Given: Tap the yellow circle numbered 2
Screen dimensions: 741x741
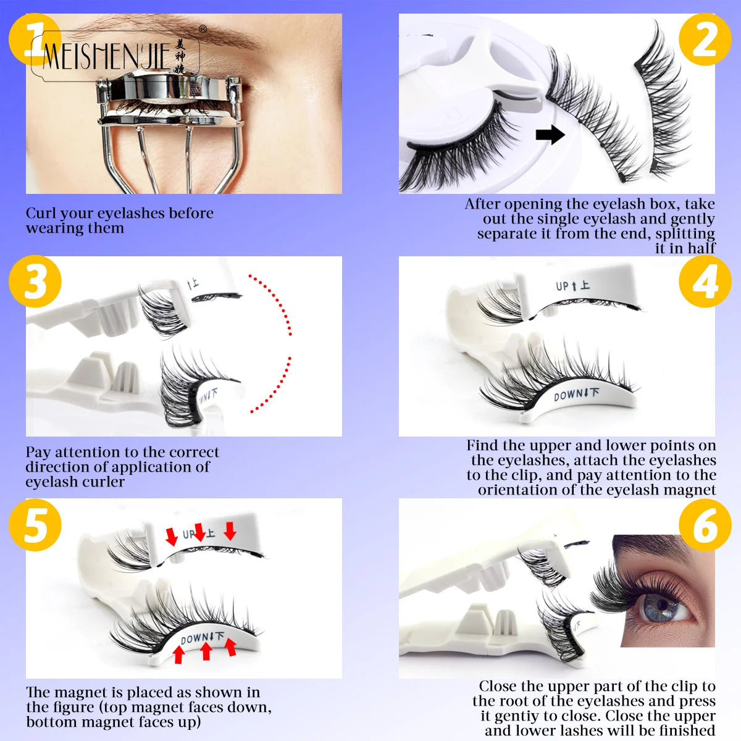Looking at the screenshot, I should click(705, 39).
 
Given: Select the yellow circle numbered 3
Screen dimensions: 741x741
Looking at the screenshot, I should click(35, 282).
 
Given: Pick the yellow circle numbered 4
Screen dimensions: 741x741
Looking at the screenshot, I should click(705, 282).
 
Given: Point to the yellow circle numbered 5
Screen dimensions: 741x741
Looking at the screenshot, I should click(35, 524).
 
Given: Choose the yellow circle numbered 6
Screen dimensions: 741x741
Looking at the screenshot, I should click(705, 524).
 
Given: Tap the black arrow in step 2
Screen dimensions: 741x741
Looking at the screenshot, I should click(550, 133).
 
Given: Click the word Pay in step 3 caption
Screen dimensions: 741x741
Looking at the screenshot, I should click(38, 453).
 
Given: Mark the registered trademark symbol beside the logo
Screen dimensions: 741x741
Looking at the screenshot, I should click(203, 29).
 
